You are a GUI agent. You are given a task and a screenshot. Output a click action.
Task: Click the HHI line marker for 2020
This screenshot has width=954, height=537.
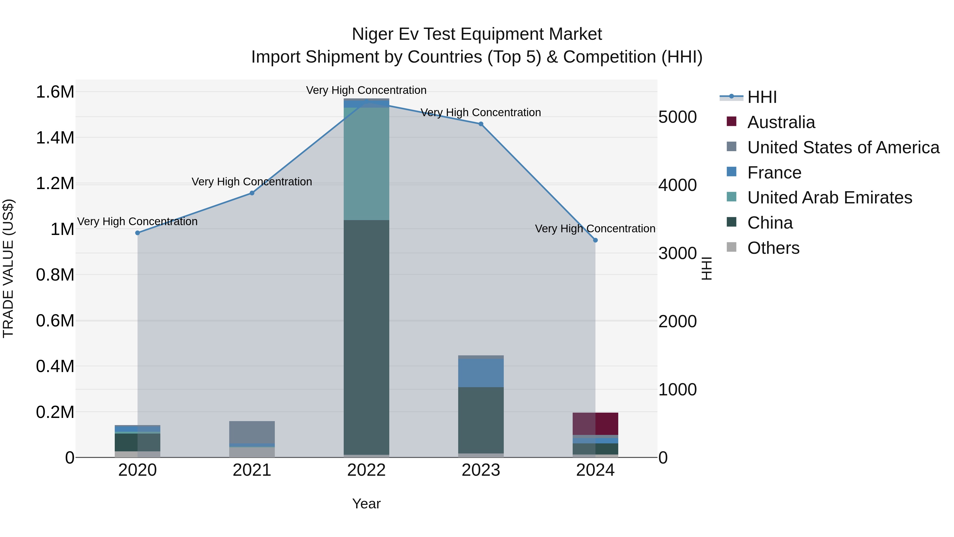click(137, 233)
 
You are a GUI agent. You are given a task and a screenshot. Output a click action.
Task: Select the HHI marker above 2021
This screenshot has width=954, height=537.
click(252, 193)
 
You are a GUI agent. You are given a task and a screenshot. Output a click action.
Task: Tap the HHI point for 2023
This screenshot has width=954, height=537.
click(481, 124)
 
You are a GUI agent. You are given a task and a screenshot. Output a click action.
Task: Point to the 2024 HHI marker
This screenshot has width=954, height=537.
click(595, 240)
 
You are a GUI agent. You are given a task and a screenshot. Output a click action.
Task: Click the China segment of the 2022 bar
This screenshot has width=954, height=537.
click(366, 337)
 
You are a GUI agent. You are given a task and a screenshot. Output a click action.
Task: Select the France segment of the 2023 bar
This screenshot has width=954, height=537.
click(481, 373)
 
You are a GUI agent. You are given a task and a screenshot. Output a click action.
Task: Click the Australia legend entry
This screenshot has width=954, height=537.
click(781, 122)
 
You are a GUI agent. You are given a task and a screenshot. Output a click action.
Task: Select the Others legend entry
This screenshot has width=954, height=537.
click(773, 248)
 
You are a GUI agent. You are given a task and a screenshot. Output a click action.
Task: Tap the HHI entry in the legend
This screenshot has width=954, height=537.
click(762, 97)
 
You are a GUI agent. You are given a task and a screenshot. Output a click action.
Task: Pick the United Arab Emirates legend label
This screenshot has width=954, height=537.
click(829, 198)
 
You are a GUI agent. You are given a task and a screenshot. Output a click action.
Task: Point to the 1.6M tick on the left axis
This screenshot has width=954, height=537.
click(55, 92)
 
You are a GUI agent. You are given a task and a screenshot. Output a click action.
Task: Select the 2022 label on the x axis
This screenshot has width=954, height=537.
click(366, 470)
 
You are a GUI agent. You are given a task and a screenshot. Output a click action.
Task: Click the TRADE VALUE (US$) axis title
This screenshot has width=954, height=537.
click(8, 268)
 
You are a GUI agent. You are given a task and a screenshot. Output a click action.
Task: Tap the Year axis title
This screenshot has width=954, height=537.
click(366, 504)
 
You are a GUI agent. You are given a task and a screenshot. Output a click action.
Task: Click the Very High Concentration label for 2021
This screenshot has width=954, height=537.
click(252, 182)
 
